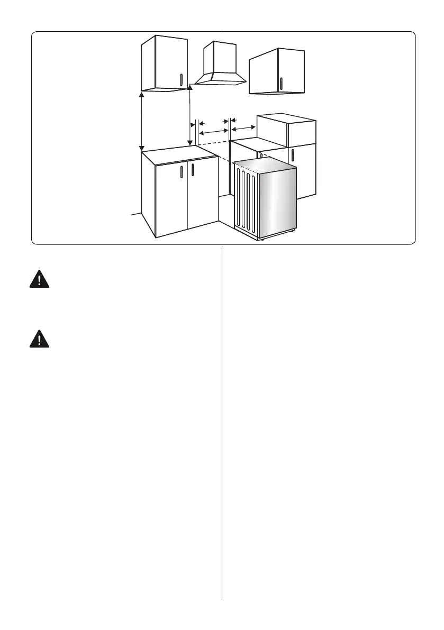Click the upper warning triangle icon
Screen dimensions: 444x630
[x=39, y=279]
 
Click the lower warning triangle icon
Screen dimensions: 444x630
[x=39, y=339]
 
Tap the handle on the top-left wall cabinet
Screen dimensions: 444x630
[x=181, y=79]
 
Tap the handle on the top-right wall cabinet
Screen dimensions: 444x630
[x=281, y=83]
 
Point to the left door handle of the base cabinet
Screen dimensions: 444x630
[x=181, y=171]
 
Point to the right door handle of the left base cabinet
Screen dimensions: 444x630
[x=193, y=171]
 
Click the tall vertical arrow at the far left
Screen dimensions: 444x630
[x=141, y=121]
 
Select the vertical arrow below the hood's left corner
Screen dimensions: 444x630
[x=189, y=116]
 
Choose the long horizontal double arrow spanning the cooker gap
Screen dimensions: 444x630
[x=213, y=131]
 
